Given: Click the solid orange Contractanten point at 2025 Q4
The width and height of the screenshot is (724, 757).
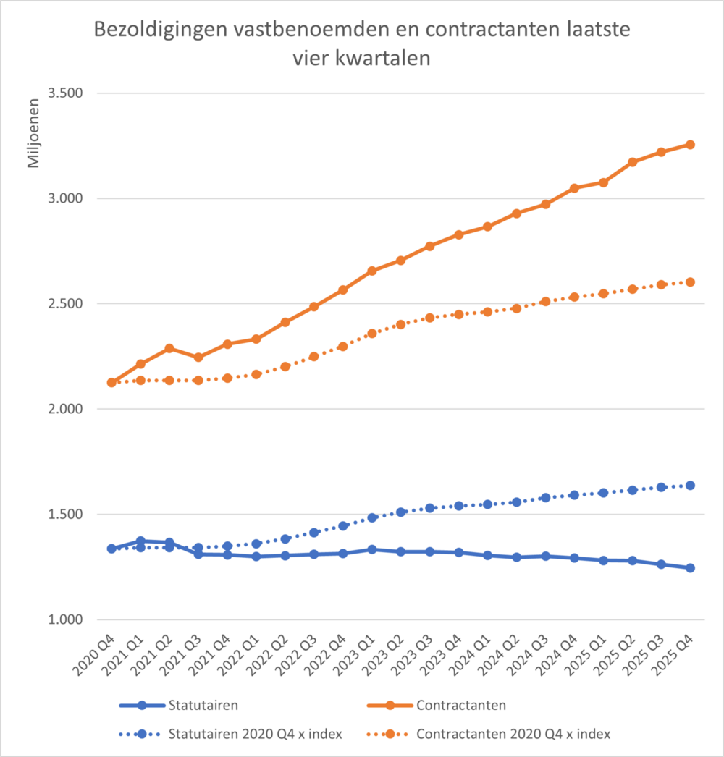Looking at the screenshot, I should (x=690, y=145).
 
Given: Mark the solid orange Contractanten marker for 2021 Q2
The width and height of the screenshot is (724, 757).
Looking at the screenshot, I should (x=169, y=348).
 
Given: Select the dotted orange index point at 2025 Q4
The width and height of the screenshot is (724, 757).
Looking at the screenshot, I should (x=690, y=282).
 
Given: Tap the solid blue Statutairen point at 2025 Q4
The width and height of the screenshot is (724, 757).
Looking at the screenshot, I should (x=690, y=568).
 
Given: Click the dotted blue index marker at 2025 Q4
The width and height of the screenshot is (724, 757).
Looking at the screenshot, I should (x=690, y=486).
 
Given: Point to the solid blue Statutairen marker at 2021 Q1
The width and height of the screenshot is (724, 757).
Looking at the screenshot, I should (x=140, y=541).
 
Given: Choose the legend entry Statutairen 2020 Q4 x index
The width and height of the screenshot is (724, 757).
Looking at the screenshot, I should (x=255, y=734).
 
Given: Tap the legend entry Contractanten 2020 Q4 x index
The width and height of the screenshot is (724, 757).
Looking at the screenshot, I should (x=513, y=734).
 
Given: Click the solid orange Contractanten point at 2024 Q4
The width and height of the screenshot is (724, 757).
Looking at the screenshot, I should (x=574, y=188).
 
